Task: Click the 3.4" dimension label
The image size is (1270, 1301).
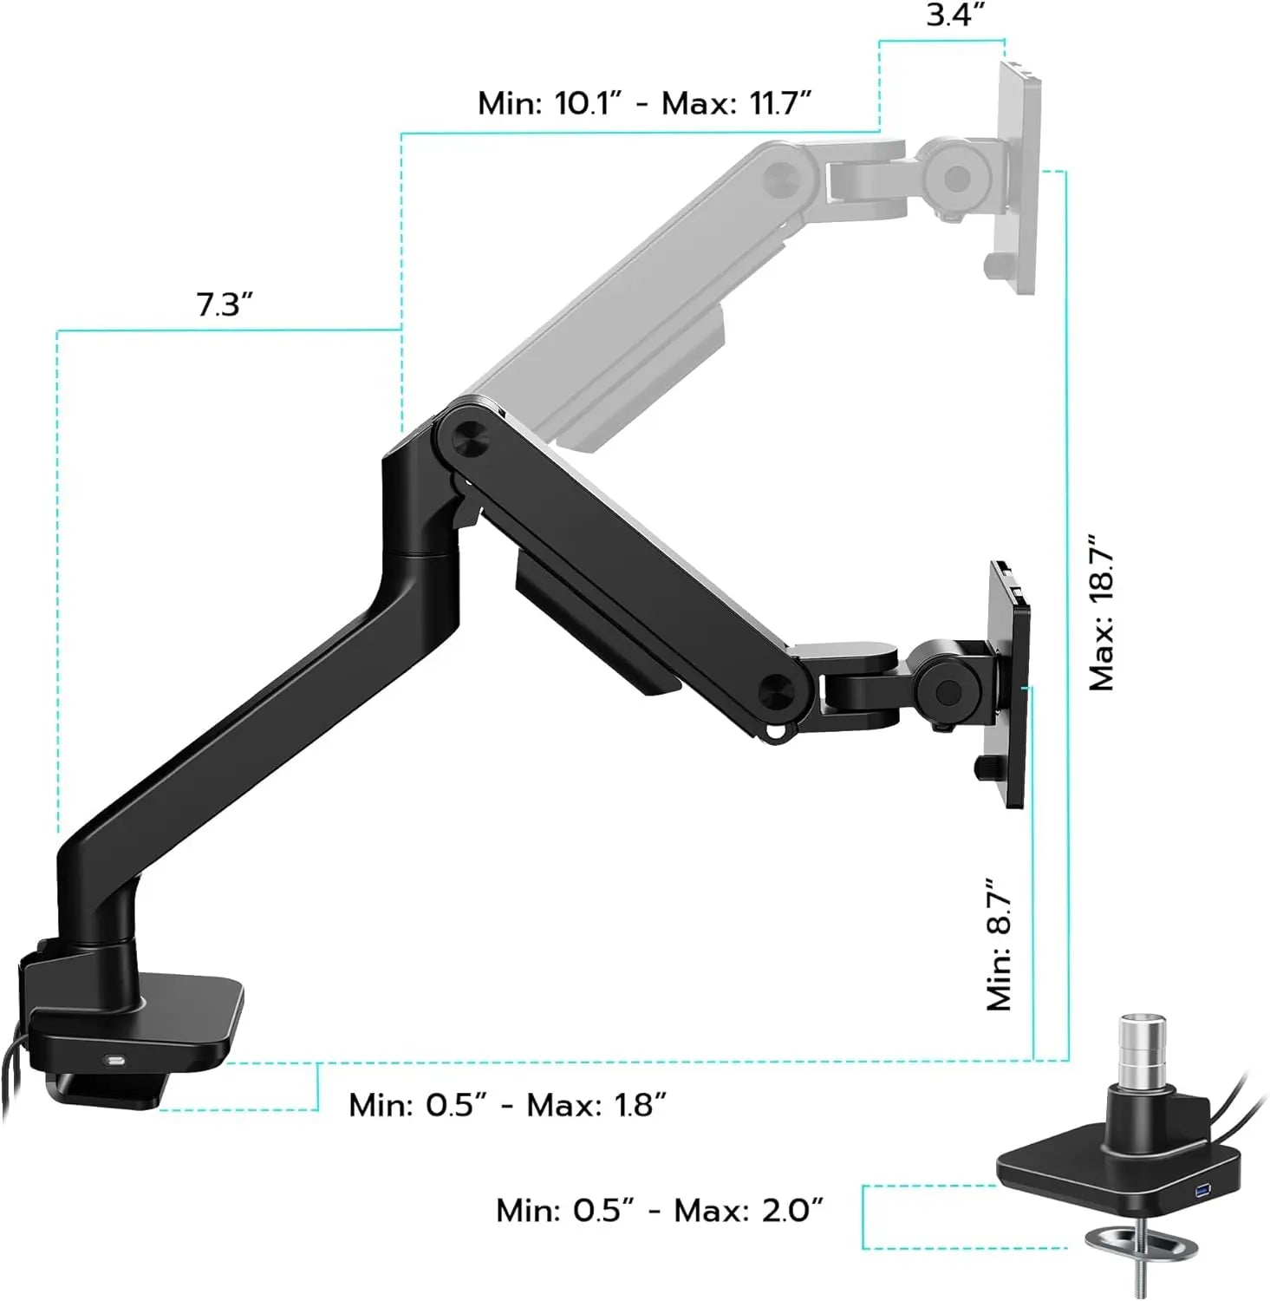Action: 954,16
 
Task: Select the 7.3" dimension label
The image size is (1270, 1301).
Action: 224,305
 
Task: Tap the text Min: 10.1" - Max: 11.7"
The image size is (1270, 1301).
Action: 644,103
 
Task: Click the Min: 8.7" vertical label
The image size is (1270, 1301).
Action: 999,943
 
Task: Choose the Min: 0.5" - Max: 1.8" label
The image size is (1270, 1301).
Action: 507,1105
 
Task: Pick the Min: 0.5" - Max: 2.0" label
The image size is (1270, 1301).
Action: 659,1210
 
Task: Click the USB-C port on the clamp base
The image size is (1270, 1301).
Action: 115,1060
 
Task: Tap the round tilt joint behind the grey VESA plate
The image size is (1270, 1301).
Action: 957,179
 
